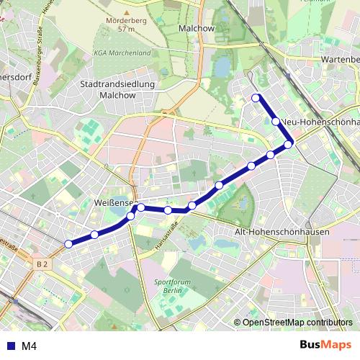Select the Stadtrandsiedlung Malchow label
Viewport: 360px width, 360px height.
point(108,89)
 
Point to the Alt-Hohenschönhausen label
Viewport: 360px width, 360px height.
point(282,233)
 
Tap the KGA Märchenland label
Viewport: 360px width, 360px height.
point(122,53)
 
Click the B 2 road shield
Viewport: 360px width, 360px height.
point(42,265)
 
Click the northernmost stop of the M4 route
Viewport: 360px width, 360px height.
point(256,98)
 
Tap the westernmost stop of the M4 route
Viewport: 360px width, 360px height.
point(69,244)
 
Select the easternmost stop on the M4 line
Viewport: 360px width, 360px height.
point(289,145)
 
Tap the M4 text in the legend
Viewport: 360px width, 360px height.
point(28,346)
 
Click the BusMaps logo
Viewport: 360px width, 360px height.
point(325,345)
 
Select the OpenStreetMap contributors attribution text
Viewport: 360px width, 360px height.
point(297,323)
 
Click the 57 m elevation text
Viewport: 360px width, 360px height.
point(127,30)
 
